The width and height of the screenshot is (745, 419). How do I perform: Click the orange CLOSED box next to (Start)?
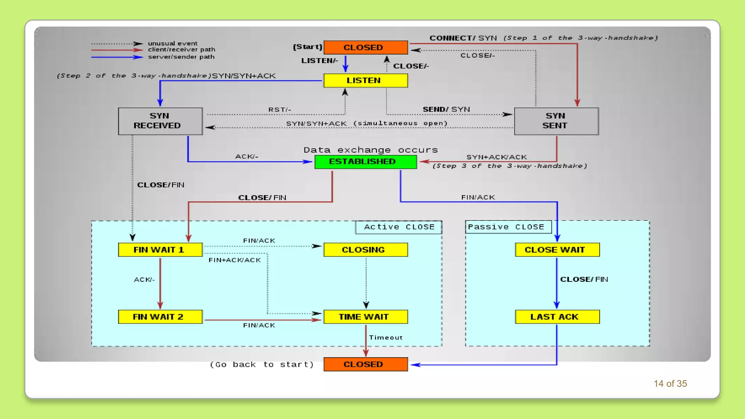tap(365, 47)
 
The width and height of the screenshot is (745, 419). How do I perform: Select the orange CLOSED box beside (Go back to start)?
tap(365, 364)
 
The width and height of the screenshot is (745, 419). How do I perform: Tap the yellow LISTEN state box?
tap(365, 80)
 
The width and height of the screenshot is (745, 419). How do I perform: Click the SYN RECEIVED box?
tap(160, 121)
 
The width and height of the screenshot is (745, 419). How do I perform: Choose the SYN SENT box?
tap(556, 121)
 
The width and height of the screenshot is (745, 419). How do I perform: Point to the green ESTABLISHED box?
tap(365, 161)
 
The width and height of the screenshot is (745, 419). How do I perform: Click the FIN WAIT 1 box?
tap(160, 250)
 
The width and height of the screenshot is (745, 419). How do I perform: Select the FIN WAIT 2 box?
tap(160, 316)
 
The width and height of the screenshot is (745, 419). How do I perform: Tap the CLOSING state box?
tap(365, 250)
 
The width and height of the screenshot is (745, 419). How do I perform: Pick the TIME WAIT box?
tap(365, 316)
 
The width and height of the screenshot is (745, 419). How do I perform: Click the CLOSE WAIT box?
tap(557, 250)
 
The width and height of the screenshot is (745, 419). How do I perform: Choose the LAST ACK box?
tap(557, 316)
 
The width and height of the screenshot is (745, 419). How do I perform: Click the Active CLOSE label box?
tap(399, 227)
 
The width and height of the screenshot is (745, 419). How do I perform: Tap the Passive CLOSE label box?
tap(508, 227)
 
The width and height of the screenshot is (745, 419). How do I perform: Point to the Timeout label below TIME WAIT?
tap(386, 338)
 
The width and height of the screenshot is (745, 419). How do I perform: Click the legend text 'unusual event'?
tap(172, 43)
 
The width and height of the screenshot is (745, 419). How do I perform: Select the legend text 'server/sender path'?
tap(181, 57)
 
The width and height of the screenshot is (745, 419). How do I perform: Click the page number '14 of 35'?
tap(670, 384)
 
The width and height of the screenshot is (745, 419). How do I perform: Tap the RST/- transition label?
tap(279, 109)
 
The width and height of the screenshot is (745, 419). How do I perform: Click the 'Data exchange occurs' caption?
tap(370, 150)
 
